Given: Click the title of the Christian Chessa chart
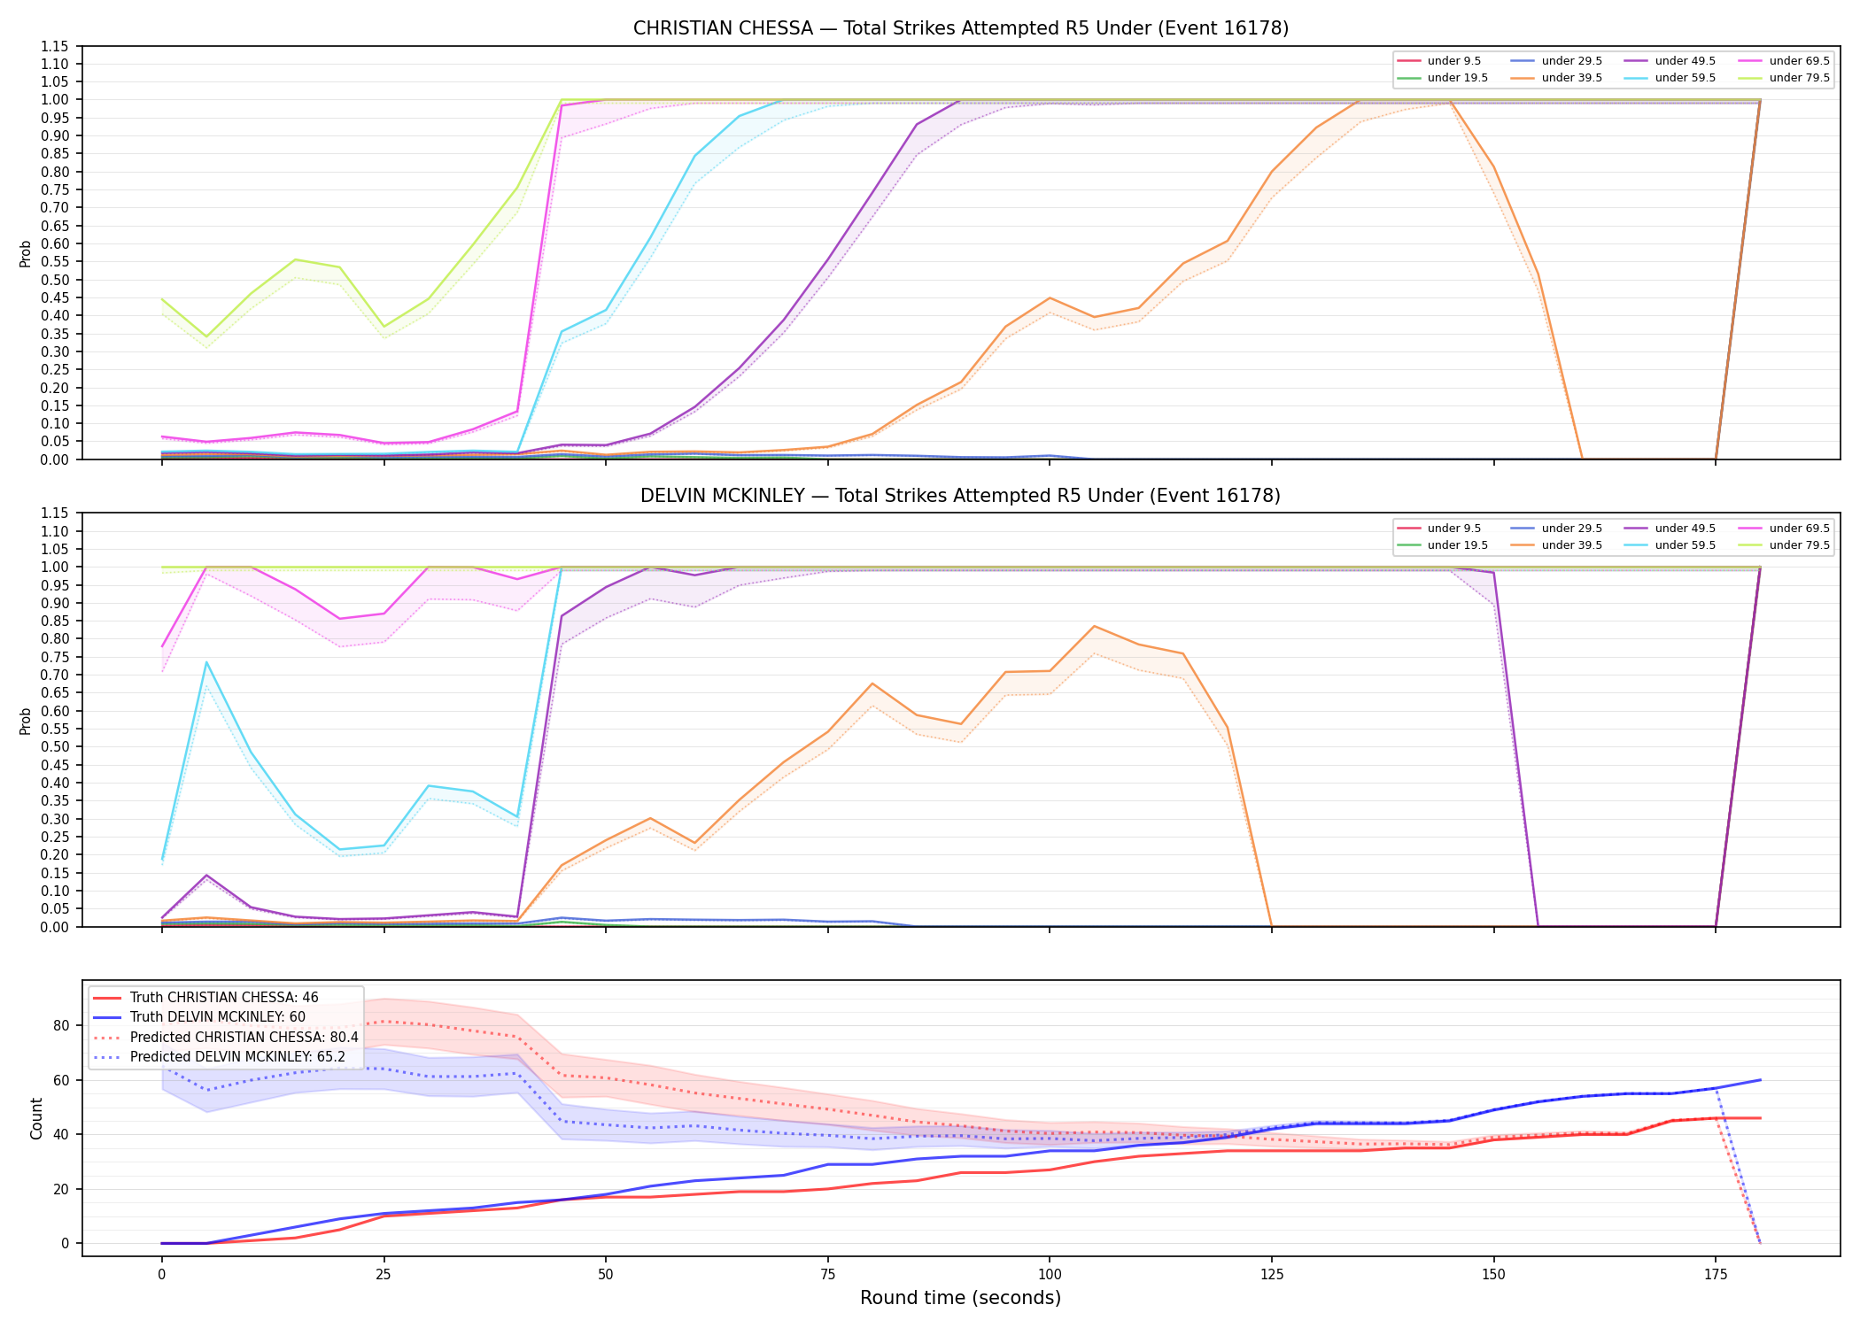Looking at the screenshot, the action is coord(960,28).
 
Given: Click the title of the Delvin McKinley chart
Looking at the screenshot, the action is coord(960,496).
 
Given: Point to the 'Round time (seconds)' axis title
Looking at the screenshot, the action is coord(960,1298).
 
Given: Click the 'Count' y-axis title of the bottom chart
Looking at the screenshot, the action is coord(36,1118).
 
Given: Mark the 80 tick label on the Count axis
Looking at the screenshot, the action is coord(61,1025).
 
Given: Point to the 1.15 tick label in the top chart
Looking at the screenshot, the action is coord(54,46).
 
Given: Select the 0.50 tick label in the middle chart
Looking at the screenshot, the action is coord(54,747).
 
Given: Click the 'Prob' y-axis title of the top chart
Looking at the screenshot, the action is coord(26,253).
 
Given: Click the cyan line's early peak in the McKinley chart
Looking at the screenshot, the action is coord(206,662).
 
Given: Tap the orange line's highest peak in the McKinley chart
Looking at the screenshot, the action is coord(1095,626).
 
